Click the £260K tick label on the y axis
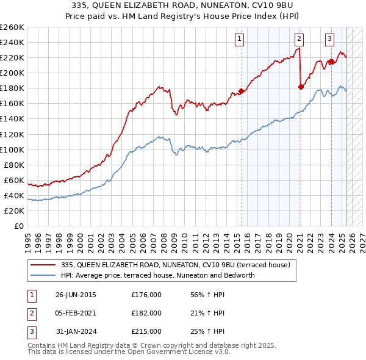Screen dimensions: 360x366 point(12,27)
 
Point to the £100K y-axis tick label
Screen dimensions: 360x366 point(12,149)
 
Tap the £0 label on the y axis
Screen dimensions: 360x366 point(20,226)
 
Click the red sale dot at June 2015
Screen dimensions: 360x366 point(241,92)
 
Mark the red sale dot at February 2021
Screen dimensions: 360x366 point(301,87)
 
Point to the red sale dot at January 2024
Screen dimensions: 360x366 point(331,61)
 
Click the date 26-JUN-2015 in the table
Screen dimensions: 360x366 point(76,295)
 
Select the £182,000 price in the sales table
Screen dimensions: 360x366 point(146,313)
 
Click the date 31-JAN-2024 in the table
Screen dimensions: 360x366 point(76,331)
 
